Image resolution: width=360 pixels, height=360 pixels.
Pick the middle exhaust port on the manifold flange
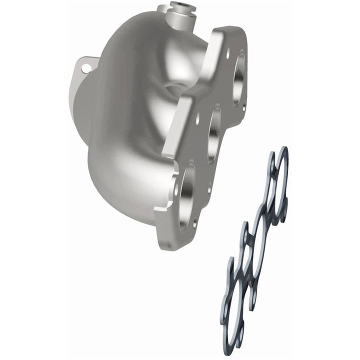(214, 135)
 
